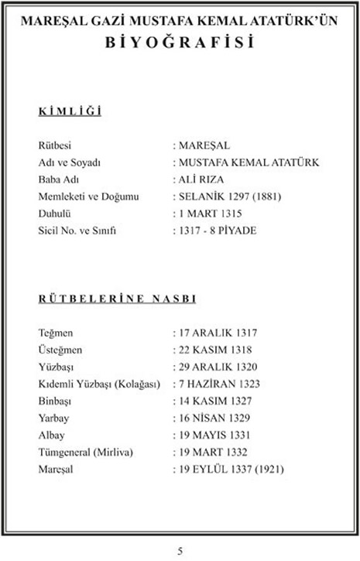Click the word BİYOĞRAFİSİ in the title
pos(180,44)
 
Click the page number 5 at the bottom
pos(180,551)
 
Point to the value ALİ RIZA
pos(204,180)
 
